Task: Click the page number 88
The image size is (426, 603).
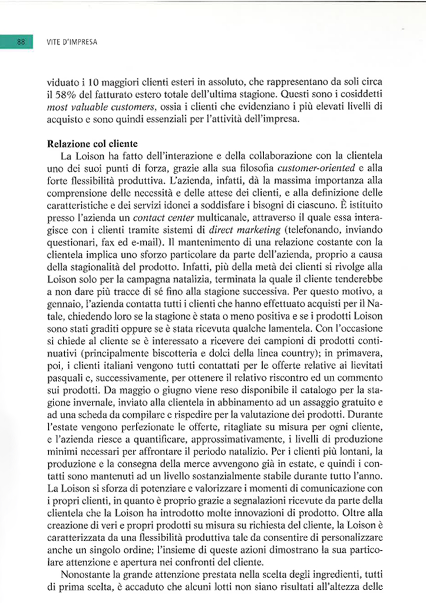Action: tap(20, 42)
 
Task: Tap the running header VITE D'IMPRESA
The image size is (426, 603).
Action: tap(71, 42)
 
